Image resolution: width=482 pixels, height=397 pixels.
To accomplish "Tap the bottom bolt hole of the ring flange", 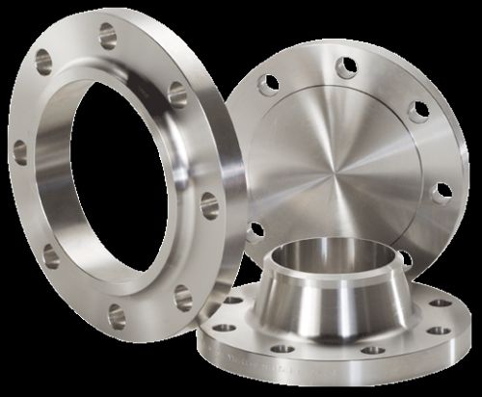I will (x=117, y=311).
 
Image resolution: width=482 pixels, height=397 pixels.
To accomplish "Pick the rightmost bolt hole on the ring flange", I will (x=209, y=204).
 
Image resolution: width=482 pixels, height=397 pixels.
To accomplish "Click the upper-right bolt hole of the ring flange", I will (x=177, y=92).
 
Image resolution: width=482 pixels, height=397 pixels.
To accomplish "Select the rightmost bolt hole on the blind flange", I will (x=442, y=192).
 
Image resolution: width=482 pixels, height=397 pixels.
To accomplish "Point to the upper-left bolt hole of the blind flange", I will (x=268, y=84).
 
